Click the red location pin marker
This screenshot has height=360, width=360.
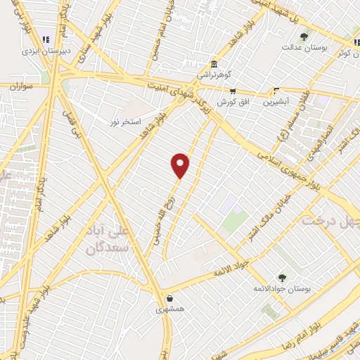pyautogui.click(x=181, y=165)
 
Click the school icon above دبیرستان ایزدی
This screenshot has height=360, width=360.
pyautogui.click(x=46, y=39)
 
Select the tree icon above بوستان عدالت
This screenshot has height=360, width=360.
pyautogui.click(x=304, y=37)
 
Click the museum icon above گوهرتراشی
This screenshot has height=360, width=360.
pyautogui.click(x=214, y=63)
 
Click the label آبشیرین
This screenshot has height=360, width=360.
pyautogui.click(x=276, y=101)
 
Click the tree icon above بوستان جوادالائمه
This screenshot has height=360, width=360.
pyautogui.click(x=282, y=278)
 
